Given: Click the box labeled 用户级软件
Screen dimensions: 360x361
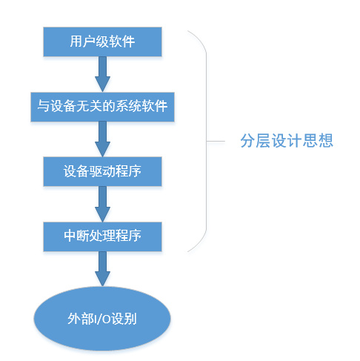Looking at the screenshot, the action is pyautogui.click(x=102, y=42).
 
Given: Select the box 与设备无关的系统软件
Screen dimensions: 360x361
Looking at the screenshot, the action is pyautogui.click(x=102, y=107).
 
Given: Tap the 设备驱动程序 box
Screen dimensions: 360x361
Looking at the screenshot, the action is pyautogui.click(x=102, y=171).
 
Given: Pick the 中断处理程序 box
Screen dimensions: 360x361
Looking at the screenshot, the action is pyautogui.click(x=102, y=236).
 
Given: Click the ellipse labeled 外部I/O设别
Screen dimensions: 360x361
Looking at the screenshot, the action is pyautogui.click(x=102, y=319).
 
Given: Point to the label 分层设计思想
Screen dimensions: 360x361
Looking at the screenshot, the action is pyautogui.click(x=287, y=141).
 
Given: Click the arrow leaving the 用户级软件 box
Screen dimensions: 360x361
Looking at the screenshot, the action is pyautogui.click(x=102, y=74).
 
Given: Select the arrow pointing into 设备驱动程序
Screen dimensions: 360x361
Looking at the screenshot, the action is pyautogui.click(x=102, y=139).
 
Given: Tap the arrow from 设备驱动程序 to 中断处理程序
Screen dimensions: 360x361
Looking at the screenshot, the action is pyautogui.click(x=102, y=204).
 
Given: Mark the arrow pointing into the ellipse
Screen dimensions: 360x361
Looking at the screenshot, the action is pyautogui.click(x=102, y=269).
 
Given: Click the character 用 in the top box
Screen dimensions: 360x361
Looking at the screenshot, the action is pyautogui.click(x=76, y=42).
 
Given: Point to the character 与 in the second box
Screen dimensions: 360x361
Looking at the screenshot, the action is pyautogui.click(x=44, y=106).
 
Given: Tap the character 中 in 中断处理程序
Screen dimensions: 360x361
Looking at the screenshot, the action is pyautogui.click(x=70, y=236).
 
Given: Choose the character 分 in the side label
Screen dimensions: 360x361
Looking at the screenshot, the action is pyautogui.click(x=248, y=141).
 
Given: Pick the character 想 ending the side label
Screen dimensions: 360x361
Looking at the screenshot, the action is pyautogui.click(x=326, y=141).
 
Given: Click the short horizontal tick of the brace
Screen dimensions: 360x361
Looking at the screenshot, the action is pyautogui.click(x=216, y=142).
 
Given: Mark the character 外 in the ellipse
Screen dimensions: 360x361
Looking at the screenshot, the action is pyautogui.click(x=74, y=319).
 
